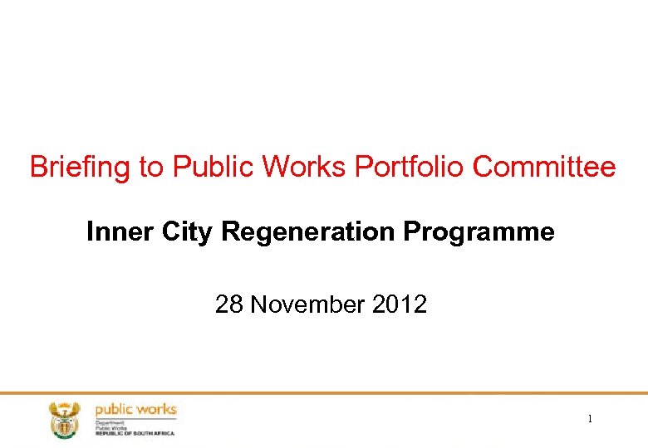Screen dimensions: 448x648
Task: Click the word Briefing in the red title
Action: tap(81, 168)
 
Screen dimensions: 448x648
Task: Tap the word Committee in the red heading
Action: tap(545, 168)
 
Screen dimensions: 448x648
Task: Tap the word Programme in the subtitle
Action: tap(479, 232)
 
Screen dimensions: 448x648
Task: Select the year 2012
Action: tap(400, 305)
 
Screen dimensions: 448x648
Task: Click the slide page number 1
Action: tap(590, 420)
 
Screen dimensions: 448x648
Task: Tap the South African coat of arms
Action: tap(62, 419)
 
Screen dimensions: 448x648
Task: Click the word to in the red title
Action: tap(151, 168)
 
